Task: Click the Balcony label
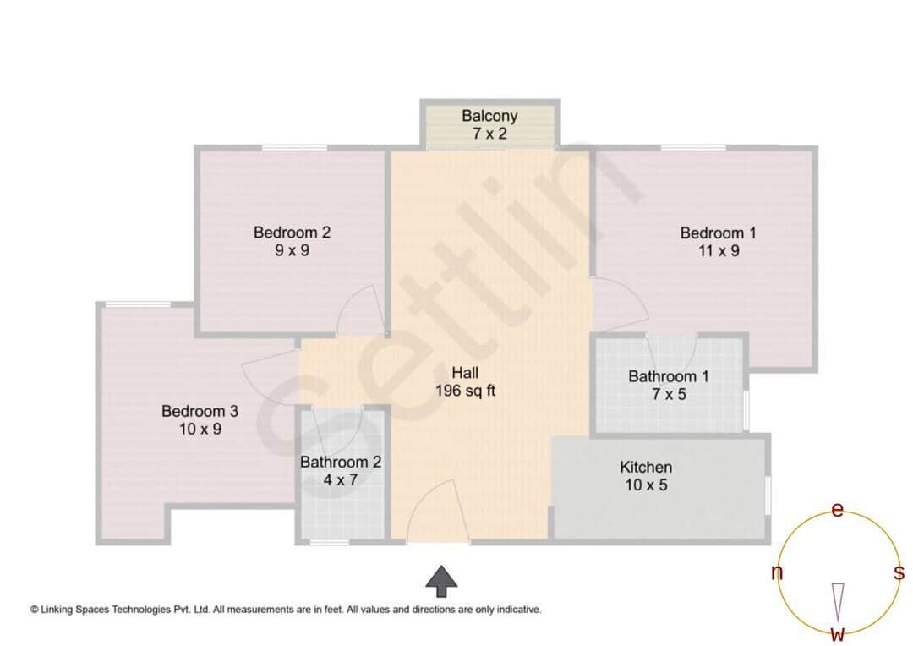489,116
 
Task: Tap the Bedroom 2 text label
292,233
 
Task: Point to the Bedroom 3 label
200,412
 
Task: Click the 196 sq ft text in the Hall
465,391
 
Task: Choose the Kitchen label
646,468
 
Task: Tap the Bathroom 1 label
669,376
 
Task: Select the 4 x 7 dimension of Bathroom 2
341,480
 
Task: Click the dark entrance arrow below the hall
440,580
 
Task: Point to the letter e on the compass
838,510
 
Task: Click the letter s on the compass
899,572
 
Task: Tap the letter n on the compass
776,573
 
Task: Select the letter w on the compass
837,633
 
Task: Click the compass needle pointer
838,601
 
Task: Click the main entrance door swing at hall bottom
433,511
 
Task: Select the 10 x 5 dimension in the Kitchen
646,485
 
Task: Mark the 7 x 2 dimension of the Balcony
489,133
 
